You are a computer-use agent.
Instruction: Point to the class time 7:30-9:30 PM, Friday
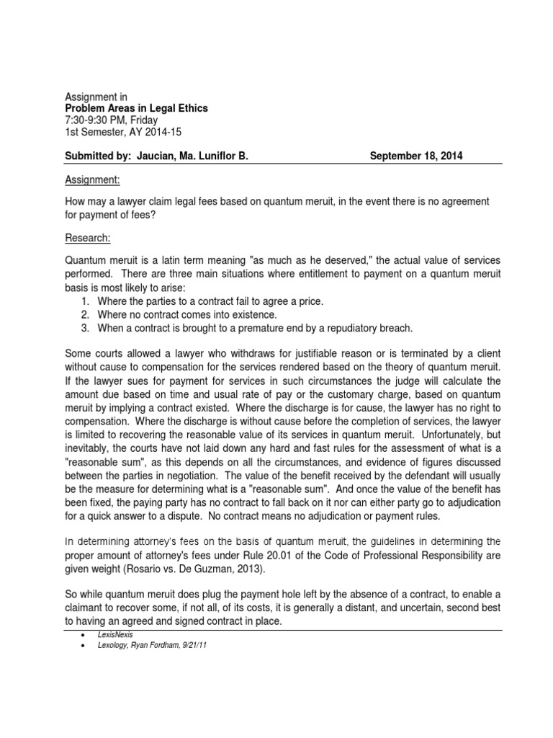[111, 120]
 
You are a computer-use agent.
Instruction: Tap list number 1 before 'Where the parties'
[86, 301]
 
